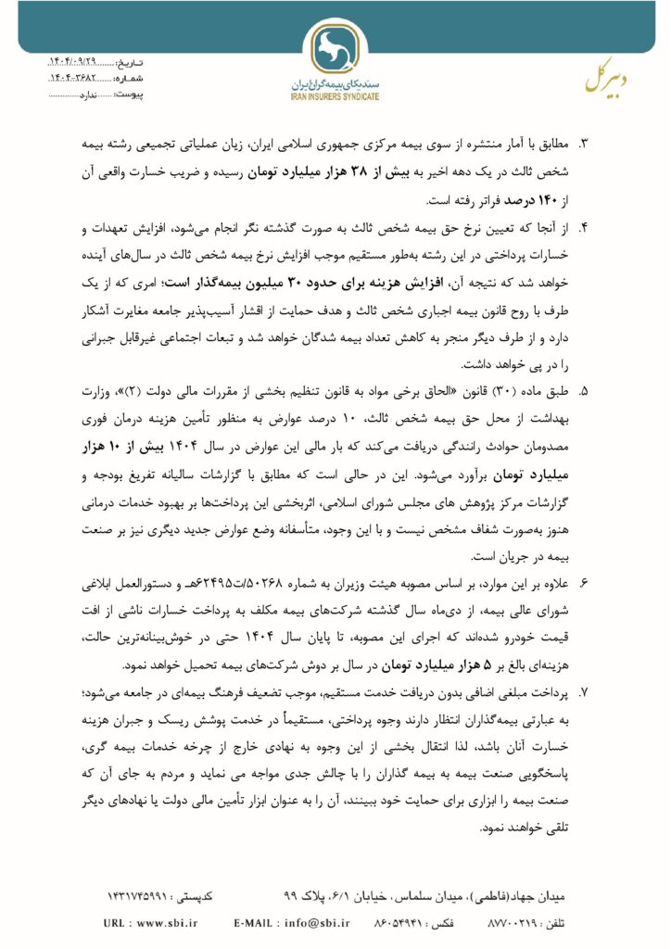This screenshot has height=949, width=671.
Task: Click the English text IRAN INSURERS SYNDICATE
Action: [x=335, y=95]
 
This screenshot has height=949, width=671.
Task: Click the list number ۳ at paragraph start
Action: [x=584, y=145]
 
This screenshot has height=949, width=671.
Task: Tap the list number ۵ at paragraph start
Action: [x=584, y=393]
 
